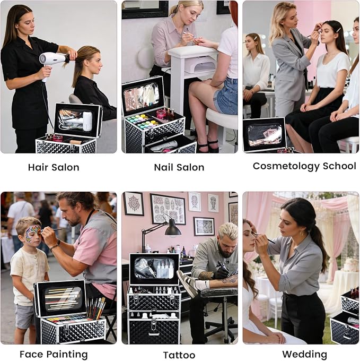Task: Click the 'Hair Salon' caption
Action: click(x=54, y=167)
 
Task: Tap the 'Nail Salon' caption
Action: click(x=179, y=167)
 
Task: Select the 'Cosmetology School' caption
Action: click(x=304, y=166)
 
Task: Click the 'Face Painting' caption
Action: click(x=54, y=355)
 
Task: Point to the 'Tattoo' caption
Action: click(x=179, y=355)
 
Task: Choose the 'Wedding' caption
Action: click(x=305, y=355)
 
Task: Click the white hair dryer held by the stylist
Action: click(x=52, y=62)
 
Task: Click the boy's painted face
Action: click(x=33, y=233)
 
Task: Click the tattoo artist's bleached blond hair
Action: click(x=228, y=232)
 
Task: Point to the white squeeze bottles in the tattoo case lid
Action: click(x=164, y=269)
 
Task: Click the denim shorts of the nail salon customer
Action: click(x=226, y=96)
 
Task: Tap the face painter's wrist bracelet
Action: click(x=55, y=246)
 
